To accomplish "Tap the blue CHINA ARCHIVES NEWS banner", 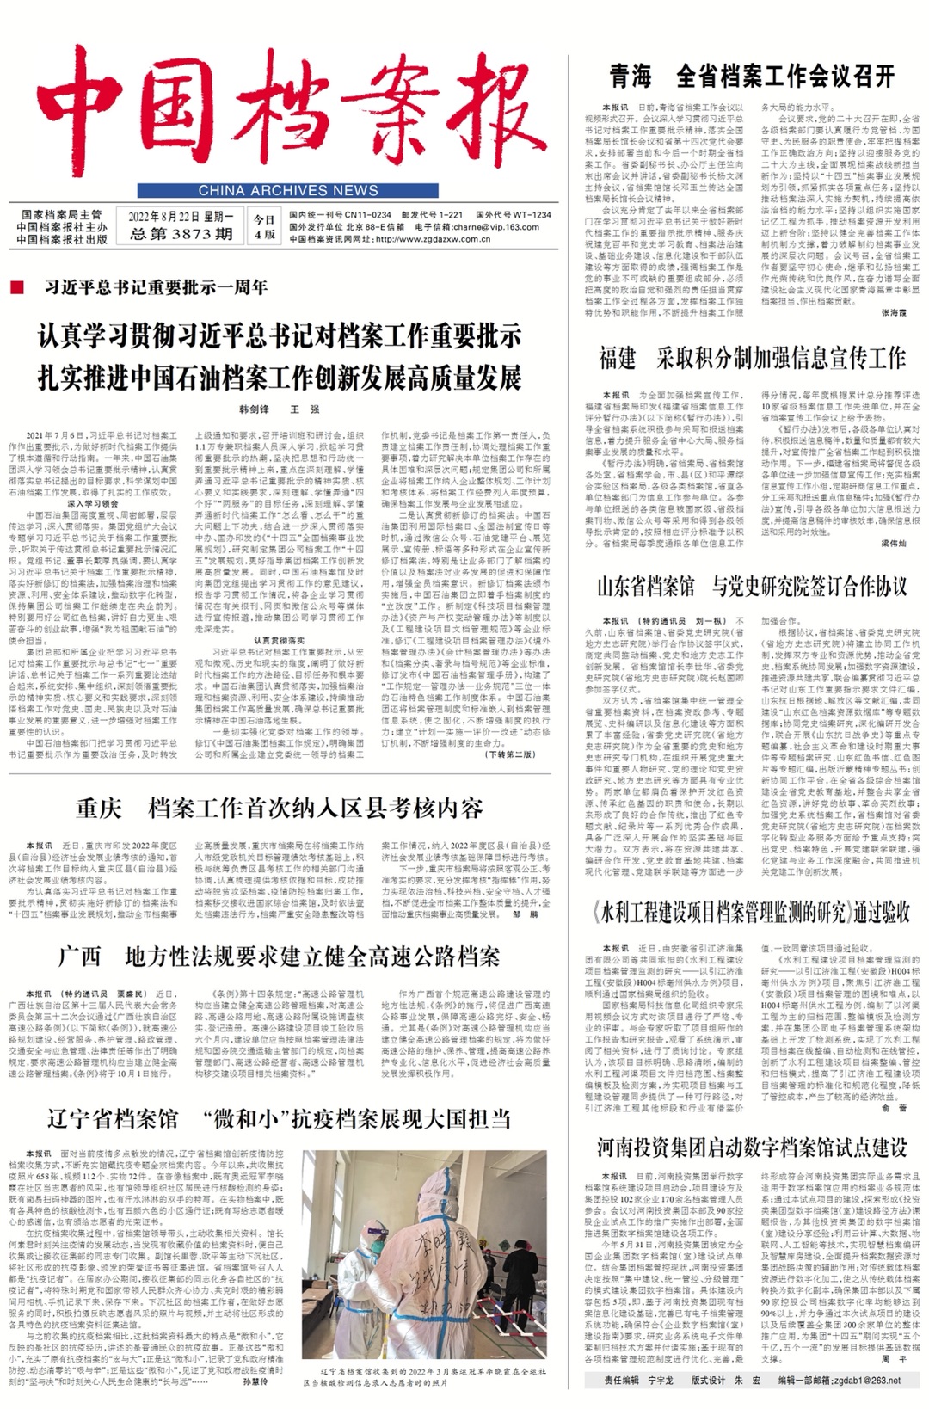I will tap(288, 190).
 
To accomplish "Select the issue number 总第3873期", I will tap(181, 233).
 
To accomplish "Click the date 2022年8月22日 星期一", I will tap(181, 216).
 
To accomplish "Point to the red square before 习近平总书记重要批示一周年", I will tap(17, 287).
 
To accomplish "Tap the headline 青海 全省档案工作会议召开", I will tap(752, 77).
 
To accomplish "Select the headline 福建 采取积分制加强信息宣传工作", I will tap(752, 358).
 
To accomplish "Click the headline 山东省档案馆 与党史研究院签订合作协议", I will tap(752, 587).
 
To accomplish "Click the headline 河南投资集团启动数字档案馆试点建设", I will tap(752, 1147).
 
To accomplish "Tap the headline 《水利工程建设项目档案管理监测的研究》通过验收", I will tap(752, 913).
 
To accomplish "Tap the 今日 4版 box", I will tap(264, 227).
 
